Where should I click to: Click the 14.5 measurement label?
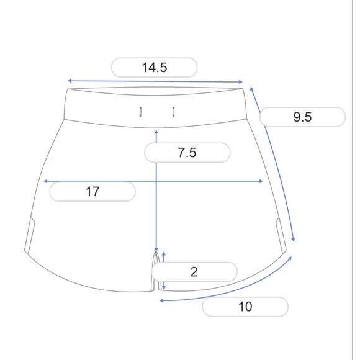(x=155, y=68)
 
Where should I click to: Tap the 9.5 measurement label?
(x=302, y=117)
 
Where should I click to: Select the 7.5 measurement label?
(x=187, y=153)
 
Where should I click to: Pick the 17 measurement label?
(x=92, y=191)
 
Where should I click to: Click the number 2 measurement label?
(x=194, y=272)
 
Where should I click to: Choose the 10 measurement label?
(x=245, y=307)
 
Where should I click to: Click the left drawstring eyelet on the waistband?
(x=140, y=112)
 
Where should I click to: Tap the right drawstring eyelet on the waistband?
(x=174, y=112)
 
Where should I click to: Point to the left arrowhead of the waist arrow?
(x=70, y=81)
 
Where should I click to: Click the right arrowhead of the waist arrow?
(x=241, y=82)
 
